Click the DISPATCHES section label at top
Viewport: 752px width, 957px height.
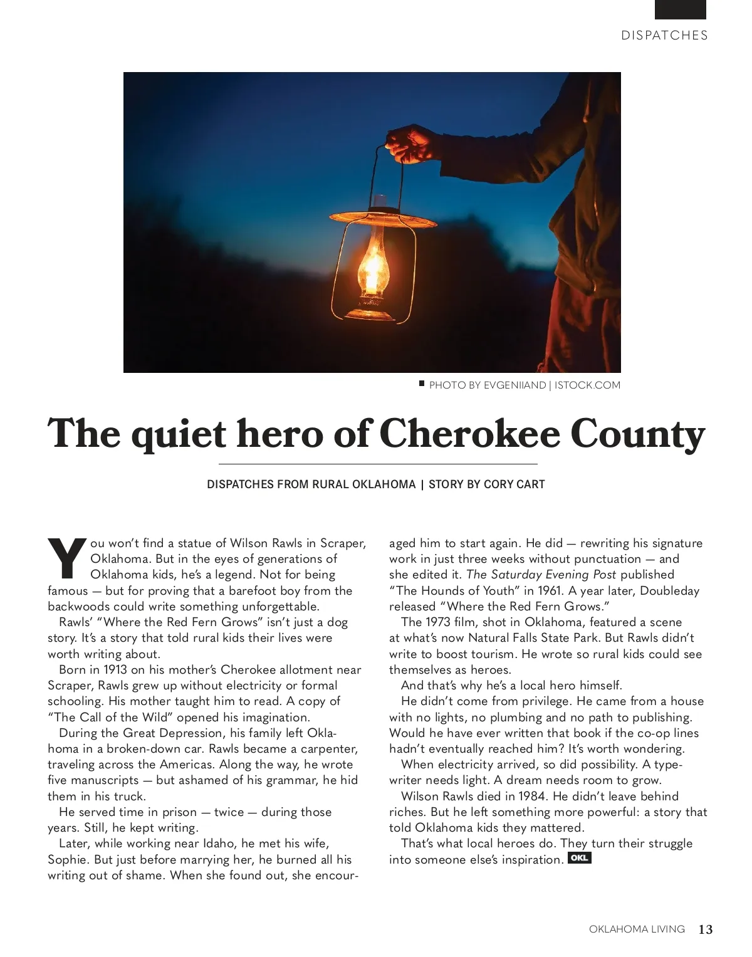[664, 36]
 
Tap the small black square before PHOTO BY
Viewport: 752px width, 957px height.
[422, 383]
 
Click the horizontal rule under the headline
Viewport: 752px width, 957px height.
[378, 464]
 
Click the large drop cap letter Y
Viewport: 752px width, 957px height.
[66, 557]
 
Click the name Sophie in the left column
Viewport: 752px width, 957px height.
[66, 859]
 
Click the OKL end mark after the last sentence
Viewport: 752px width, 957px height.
[579, 858]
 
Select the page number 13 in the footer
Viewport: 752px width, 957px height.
[706, 929]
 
